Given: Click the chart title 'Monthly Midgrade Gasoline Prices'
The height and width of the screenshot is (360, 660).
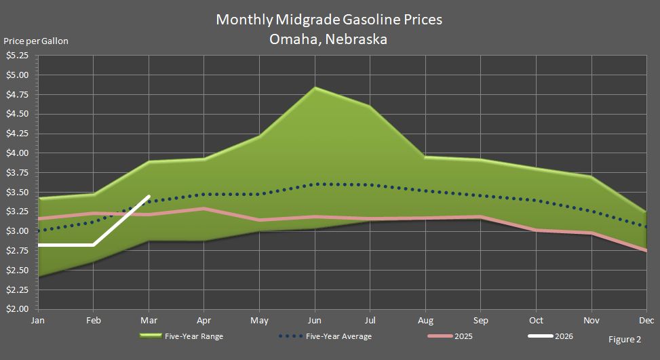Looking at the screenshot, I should (329, 20).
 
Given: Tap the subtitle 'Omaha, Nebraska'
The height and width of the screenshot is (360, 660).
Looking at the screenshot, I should (329, 39).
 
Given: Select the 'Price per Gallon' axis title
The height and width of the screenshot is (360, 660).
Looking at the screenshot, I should (36, 41).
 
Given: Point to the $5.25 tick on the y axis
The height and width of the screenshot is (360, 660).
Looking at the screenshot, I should (17, 55).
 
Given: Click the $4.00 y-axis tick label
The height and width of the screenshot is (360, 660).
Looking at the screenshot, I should (17, 153).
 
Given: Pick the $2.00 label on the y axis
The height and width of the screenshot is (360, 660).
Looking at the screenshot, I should (17, 309).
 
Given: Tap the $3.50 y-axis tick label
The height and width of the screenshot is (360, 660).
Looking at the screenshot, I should (17, 193).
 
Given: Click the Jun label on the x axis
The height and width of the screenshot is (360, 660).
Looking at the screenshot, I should (315, 320).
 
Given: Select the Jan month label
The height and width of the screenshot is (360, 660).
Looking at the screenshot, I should (37, 320).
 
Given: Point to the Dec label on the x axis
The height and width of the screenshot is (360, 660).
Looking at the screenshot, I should (646, 320).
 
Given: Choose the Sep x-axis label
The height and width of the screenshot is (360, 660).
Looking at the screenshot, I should (481, 320).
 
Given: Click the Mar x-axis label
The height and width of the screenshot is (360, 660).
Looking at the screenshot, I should (149, 320).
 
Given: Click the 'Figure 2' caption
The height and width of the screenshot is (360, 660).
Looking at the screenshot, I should (625, 340).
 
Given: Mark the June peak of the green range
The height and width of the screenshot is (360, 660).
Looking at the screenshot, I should (315, 87).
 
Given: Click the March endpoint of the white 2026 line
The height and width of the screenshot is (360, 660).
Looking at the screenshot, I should (149, 197).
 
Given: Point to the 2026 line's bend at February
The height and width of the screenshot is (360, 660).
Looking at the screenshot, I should (93, 245).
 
